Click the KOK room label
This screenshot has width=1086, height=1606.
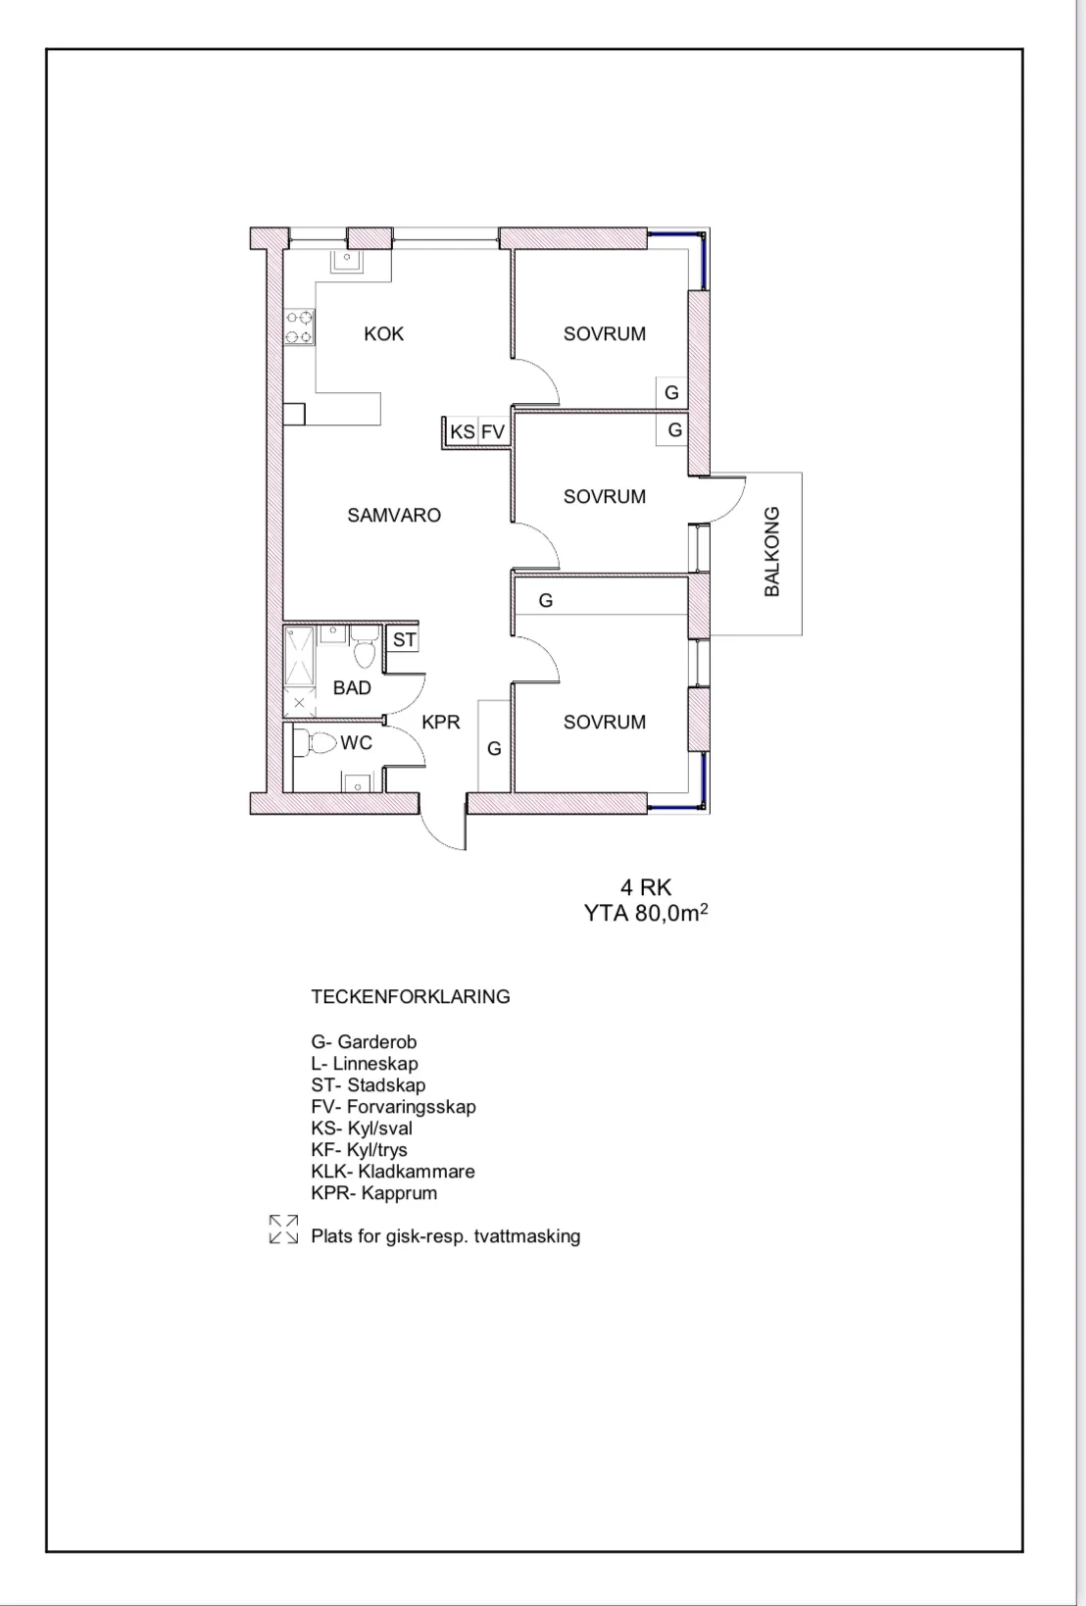click(x=383, y=334)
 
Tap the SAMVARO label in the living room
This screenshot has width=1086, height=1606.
click(x=394, y=516)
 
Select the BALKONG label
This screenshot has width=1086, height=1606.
click(x=772, y=551)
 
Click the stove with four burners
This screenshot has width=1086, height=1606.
click(x=299, y=326)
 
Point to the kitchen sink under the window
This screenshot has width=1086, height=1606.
click(x=347, y=262)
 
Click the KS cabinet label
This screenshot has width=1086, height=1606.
click(x=463, y=431)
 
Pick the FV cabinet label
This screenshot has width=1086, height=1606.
click(x=493, y=431)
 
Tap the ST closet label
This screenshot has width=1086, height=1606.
click(x=404, y=639)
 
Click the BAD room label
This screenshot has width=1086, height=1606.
click(x=352, y=688)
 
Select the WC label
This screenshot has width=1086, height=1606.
click(x=356, y=743)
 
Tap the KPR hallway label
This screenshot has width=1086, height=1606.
click(x=441, y=722)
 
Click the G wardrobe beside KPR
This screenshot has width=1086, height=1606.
click(x=494, y=748)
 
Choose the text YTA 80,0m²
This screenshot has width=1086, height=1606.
click(x=646, y=913)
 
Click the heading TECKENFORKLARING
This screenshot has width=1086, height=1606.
click(x=411, y=996)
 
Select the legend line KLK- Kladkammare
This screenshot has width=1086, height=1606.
click(x=393, y=1172)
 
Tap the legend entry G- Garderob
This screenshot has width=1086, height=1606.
click(x=364, y=1042)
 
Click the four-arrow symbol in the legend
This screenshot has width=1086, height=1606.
click(x=283, y=1229)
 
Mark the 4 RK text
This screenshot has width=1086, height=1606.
click(x=646, y=887)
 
